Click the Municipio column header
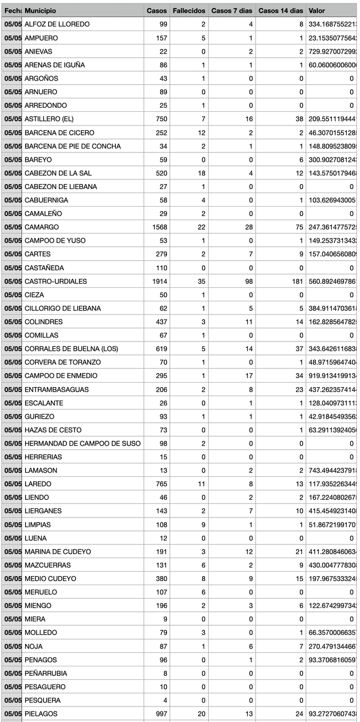tap(40, 11)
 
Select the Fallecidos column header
tap(189, 11)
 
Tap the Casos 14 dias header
tap(280, 11)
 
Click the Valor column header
tap(317, 11)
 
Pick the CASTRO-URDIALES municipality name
tap(56, 281)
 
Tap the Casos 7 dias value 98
tap(249, 281)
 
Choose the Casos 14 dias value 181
tap(296, 281)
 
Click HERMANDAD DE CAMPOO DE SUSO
tap(83, 444)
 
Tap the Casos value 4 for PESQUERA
tap(165, 700)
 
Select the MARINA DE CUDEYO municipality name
tap(58, 552)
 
